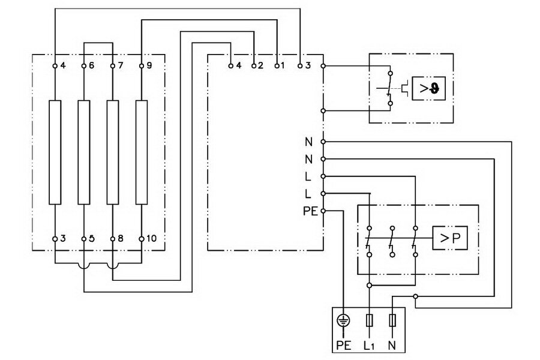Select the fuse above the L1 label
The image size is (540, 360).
[369, 320]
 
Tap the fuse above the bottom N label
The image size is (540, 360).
[392, 320]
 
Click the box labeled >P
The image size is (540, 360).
[450, 238]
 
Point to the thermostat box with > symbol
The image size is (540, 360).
[428, 89]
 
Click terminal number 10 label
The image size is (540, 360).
[151, 238]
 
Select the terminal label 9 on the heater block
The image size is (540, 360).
[149, 65]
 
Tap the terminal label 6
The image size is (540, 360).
[91, 65]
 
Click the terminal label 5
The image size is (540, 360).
[91, 238]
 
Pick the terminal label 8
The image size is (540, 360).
[120, 238]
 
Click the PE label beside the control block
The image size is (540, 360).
[310, 211]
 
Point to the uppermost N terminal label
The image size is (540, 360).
[308, 142]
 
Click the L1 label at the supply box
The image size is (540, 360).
[369, 345]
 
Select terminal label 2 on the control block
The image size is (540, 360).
[260, 65]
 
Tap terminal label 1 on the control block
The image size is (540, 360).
[283, 65]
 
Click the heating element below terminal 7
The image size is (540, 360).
[113, 152]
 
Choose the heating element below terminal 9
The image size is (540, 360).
[142, 152]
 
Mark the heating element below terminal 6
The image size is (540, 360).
[83, 152]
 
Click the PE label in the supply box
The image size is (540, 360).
[343, 345]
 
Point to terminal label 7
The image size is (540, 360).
[120, 65]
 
